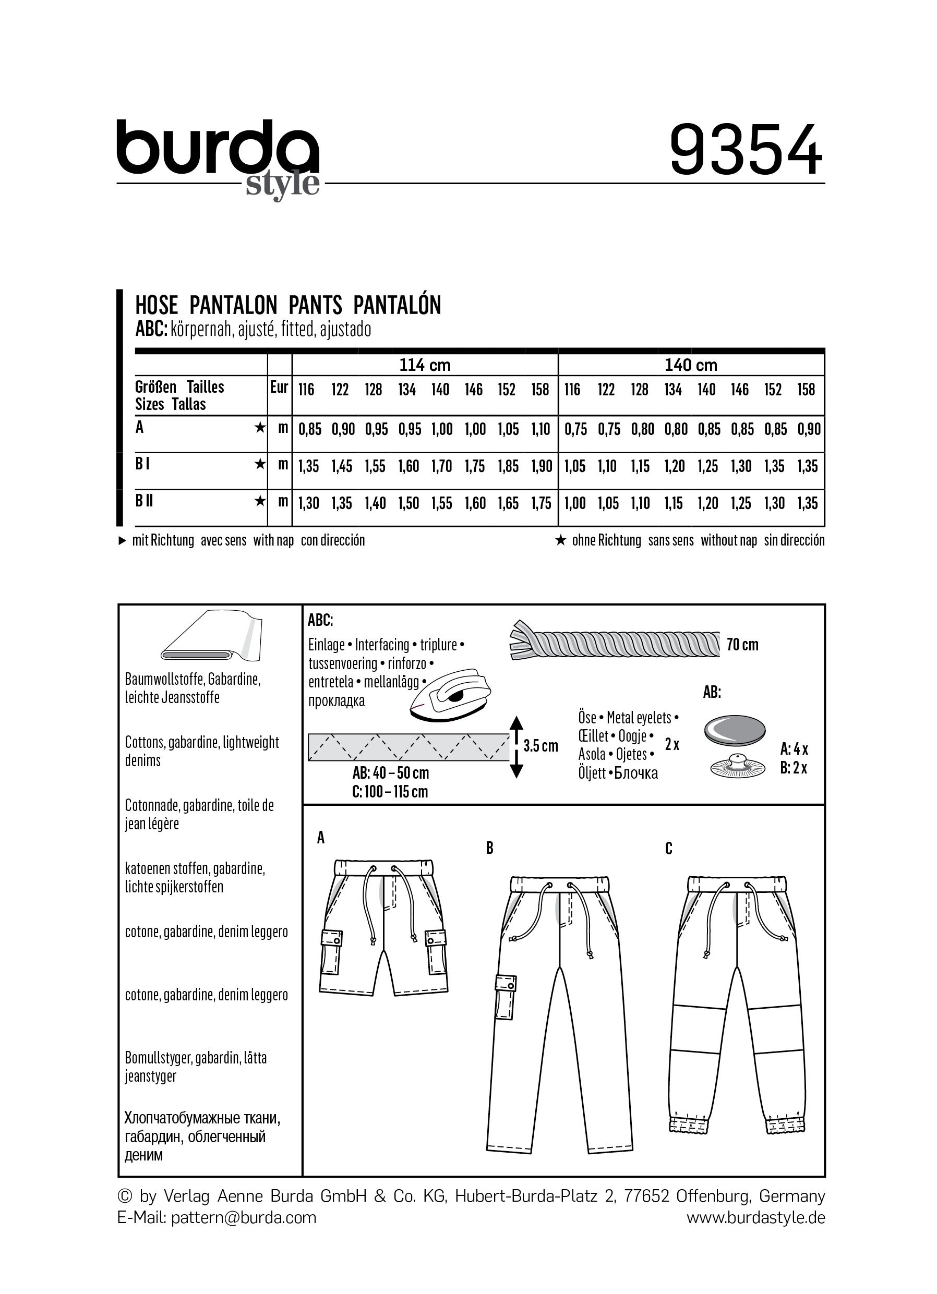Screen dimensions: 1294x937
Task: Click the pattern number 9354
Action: coord(746,151)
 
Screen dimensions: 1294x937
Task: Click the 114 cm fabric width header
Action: coord(425,365)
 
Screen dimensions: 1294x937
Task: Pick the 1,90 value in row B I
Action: coord(540,466)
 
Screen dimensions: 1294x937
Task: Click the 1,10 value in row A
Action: coord(540,429)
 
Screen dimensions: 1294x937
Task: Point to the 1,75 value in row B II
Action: coord(540,503)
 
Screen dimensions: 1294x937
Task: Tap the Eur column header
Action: coord(279,388)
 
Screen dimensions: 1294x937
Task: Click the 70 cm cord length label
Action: coord(742,645)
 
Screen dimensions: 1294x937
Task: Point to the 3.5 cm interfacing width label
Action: coord(540,746)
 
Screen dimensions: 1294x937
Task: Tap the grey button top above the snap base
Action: coord(735,730)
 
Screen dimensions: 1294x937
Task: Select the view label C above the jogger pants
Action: coord(669,849)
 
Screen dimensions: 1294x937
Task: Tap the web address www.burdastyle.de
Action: coord(755,1217)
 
